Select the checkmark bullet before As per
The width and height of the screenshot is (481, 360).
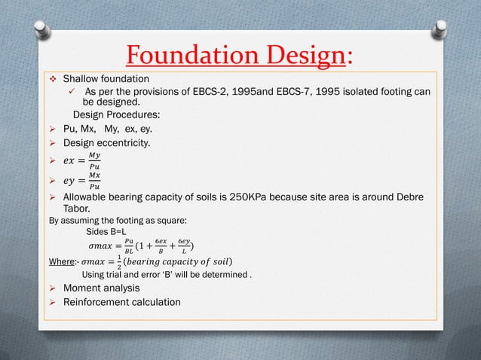click(x=70, y=91)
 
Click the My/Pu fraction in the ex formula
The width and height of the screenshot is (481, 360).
click(x=93, y=160)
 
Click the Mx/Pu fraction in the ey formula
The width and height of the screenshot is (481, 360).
click(x=93, y=181)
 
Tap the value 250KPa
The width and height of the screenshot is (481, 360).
click(x=263, y=197)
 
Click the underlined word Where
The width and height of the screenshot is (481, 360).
click(x=63, y=261)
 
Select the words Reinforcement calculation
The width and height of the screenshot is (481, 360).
click(x=121, y=302)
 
